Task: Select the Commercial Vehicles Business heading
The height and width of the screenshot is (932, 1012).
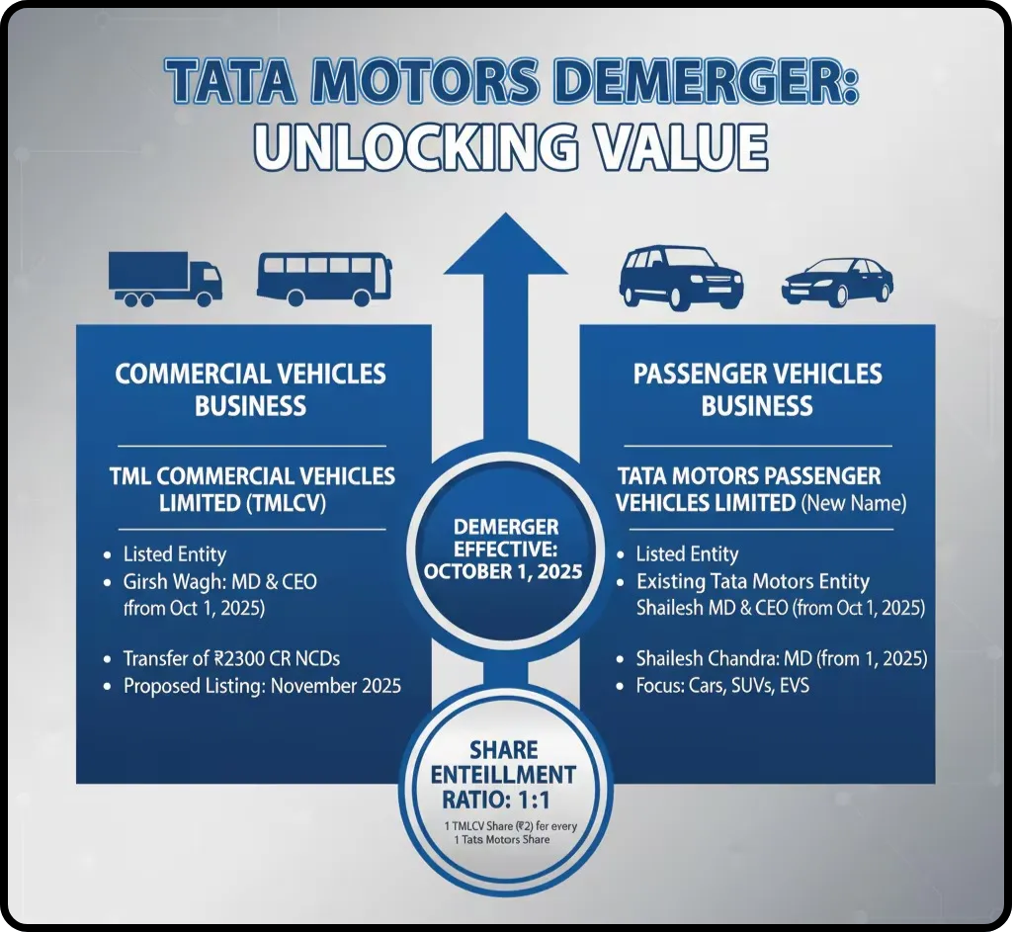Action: click(x=251, y=389)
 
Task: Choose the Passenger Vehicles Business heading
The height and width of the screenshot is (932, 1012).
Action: click(x=757, y=389)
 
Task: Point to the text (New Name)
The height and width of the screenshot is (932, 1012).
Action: click(x=853, y=503)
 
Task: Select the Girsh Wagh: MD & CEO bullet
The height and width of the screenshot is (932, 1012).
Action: click(x=219, y=581)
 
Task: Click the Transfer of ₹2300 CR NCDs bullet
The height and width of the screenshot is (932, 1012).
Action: click(x=232, y=658)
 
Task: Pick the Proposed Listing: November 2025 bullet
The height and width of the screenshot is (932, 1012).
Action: click(x=262, y=685)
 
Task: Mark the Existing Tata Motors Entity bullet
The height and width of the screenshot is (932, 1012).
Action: click(x=752, y=581)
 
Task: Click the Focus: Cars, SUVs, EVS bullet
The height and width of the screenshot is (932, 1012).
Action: click(x=722, y=685)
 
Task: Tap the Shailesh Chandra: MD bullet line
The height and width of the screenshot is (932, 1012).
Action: click(x=782, y=658)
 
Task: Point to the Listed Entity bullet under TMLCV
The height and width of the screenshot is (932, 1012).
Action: click(x=174, y=554)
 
